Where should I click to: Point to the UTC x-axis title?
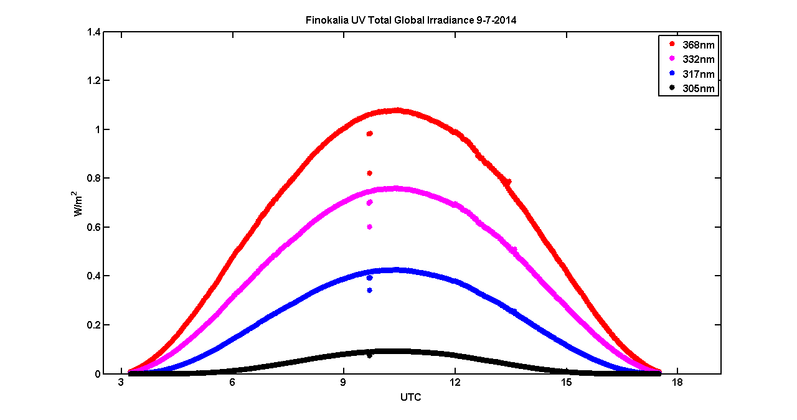tap(410, 397)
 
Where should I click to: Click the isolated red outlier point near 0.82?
tap(369, 173)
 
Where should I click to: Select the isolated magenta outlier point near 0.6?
tap(369, 226)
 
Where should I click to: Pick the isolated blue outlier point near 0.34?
tap(369, 290)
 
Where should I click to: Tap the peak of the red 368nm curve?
tap(397, 110)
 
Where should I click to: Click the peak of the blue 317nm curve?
tap(395, 270)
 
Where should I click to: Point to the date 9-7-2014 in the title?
tap(496, 20)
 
